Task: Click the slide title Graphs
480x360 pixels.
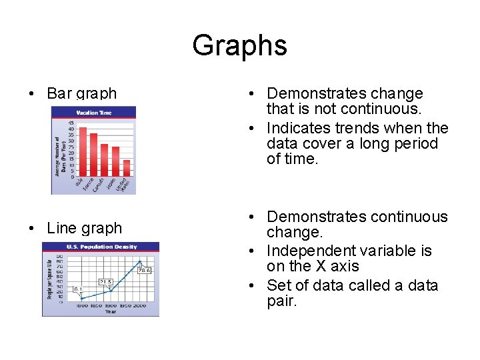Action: point(239,45)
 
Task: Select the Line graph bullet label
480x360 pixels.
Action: point(84,228)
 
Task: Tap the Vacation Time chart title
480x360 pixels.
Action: point(95,113)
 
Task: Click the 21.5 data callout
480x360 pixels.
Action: point(105,282)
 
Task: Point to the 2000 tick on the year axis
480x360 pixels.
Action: point(139,305)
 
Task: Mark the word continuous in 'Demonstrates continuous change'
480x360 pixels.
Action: point(407,217)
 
